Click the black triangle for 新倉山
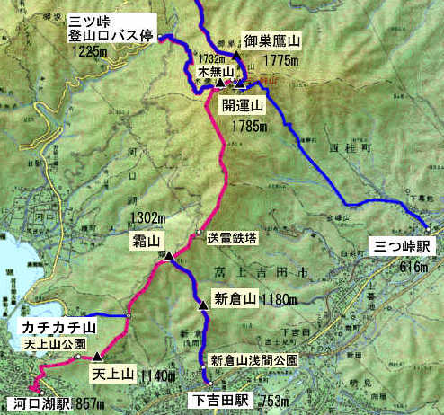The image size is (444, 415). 204,305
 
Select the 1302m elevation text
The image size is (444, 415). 148,218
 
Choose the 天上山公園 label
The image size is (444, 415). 56,344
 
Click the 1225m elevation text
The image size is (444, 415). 86,52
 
